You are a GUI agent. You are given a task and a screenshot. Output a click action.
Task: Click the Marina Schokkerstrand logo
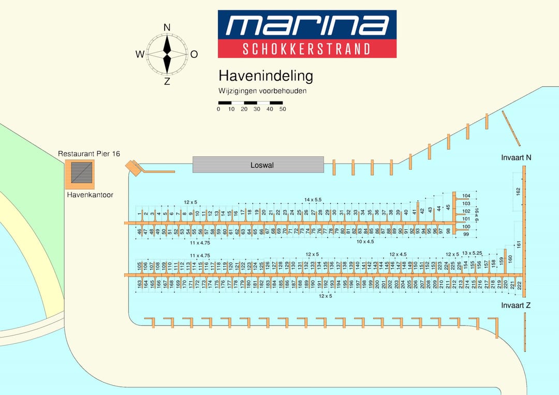307,34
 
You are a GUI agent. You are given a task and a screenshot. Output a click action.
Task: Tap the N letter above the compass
167,27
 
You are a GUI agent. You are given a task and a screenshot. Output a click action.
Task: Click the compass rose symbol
167,54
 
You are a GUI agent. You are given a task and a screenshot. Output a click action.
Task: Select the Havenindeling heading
266,76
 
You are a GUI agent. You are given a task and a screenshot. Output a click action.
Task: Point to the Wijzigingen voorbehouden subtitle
262,91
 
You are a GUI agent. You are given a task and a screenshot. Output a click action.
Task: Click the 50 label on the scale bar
283,109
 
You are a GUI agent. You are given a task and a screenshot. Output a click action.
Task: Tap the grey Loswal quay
258,165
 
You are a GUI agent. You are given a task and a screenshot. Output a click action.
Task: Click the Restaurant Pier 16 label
89,154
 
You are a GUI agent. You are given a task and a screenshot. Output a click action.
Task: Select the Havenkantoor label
90,195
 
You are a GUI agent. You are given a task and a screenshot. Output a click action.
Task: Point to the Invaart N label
516,157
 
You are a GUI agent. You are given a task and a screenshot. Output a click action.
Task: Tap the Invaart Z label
516,305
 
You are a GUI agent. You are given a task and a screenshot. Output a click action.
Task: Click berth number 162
518,192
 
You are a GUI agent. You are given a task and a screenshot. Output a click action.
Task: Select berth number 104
466,196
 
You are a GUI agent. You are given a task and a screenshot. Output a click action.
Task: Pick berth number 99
466,235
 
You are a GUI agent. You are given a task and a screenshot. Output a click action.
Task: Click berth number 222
519,285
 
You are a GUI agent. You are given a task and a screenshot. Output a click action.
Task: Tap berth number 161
518,243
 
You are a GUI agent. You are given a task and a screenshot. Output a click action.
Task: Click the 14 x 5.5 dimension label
313,199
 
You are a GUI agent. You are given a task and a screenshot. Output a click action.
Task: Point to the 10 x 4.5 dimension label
365,241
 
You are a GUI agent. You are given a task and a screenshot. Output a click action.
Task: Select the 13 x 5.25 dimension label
472,253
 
